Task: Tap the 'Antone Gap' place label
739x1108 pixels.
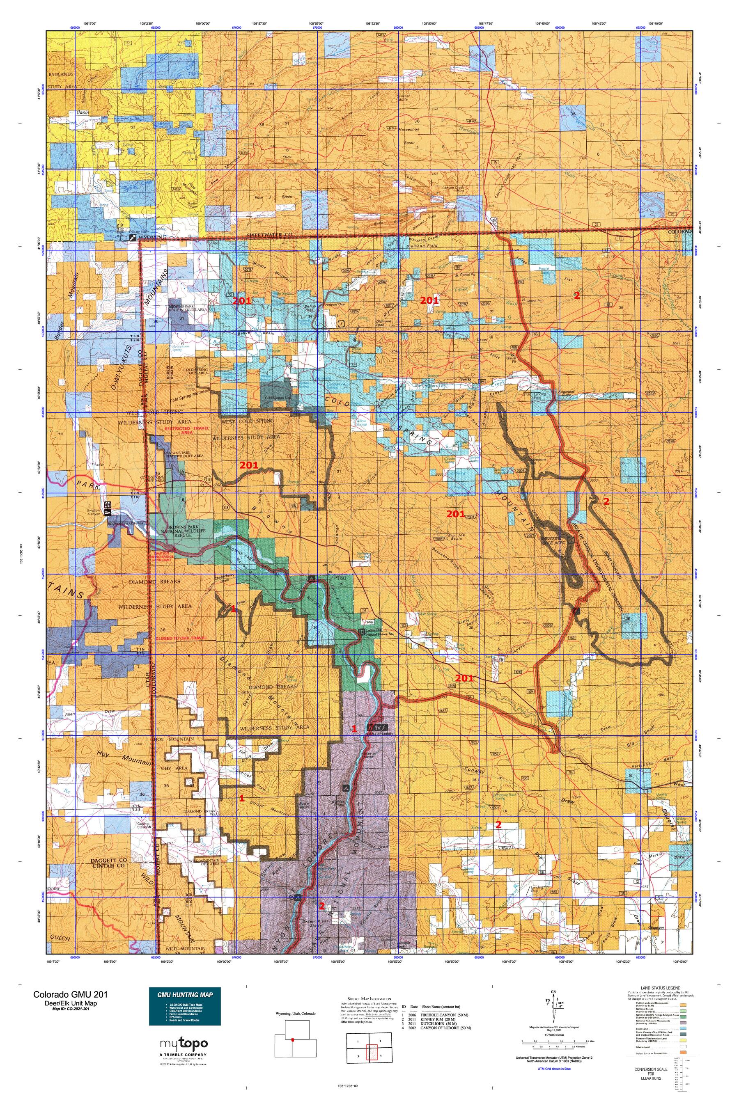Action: (x=335, y=304)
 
